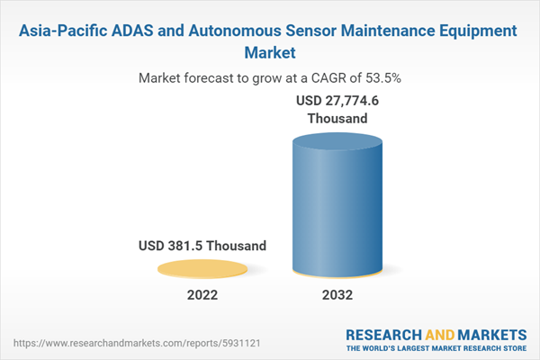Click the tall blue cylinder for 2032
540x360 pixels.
339,211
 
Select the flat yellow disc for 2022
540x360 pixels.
202,267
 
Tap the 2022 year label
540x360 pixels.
202,295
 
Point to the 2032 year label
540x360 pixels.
338,295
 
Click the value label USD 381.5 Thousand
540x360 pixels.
202,245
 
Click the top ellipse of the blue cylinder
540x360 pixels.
339,144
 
